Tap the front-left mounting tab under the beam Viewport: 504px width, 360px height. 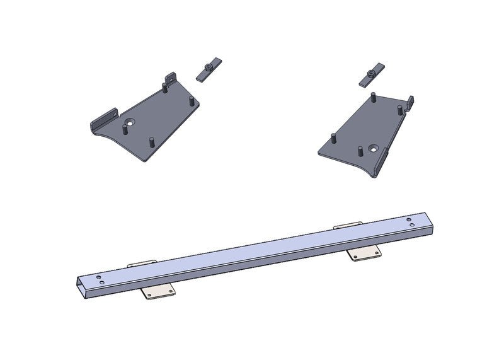coord(157,291)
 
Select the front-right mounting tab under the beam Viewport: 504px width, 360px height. coord(365,253)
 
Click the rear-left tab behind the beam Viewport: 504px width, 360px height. coord(142,264)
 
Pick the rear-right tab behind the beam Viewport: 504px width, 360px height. coord(348,225)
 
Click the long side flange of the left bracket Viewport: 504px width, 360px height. coord(104,119)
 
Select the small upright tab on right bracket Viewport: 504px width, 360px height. coord(409,102)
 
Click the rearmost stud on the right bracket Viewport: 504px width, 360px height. coord(373,98)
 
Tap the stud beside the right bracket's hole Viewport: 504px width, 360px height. coord(360,151)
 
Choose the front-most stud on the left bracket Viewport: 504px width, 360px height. coord(151,141)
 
